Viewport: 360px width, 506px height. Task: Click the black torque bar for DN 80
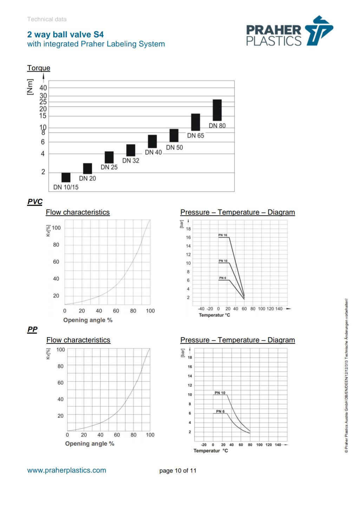tap(217, 110)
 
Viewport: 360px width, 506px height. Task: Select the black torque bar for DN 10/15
tap(66, 177)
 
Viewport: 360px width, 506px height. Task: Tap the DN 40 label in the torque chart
tap(153, 152)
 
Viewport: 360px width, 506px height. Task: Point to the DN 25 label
tap(109, 167)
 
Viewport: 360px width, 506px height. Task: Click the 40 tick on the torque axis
tap(43, 88)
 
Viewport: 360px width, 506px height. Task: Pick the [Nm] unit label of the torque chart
tap(30, 87)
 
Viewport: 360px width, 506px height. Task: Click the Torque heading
tap(39, 68)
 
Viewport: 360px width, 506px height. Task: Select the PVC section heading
tap(35, 202)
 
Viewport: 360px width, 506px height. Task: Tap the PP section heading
tap(32, 329)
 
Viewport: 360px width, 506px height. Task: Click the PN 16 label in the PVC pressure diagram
tap(223, 235)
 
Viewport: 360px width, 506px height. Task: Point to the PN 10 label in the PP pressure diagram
tap(220, 393)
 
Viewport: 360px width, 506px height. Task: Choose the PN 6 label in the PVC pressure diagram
tap(223, 278)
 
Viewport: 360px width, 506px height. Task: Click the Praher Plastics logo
tap(289, 31)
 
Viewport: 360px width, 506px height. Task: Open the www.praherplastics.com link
tap(67, 470)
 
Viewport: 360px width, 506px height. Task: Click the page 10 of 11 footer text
tap(178, 471)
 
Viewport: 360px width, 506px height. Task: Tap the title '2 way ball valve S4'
tap(65, 34)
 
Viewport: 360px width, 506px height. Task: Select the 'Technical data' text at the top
tap(47, 19)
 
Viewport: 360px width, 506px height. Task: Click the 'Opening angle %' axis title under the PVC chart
tap(88, 320)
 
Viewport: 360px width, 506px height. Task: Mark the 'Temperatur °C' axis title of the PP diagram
tap(211, 451)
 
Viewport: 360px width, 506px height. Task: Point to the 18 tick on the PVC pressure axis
tap(189, 229)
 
